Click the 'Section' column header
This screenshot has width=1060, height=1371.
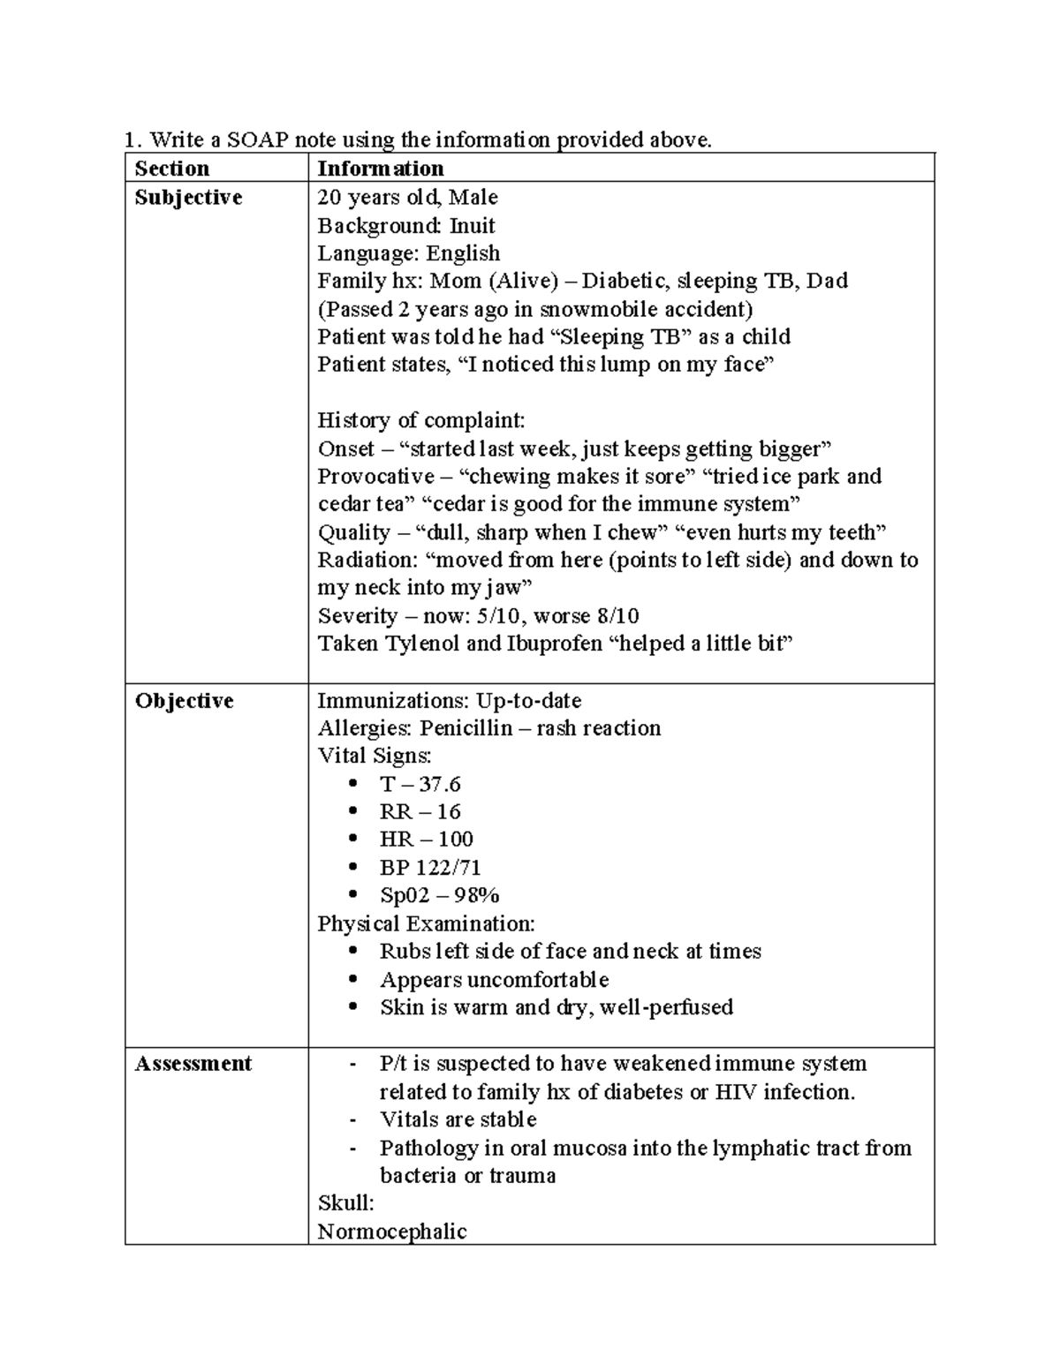pos(172,169)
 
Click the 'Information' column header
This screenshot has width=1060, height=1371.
pos(380,169)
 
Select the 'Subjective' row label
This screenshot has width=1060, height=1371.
pos(188,197)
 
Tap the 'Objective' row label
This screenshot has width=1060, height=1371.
pos(184,701)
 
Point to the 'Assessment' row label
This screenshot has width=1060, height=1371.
pos(193,1064)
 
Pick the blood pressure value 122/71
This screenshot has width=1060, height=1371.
pos(448,868)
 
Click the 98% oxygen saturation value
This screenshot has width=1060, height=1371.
pos(477,895)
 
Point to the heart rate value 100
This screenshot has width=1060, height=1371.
pos(455,840)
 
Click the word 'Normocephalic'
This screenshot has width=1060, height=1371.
pos(391,1232)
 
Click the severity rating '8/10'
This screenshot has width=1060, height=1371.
pos(617,616)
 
